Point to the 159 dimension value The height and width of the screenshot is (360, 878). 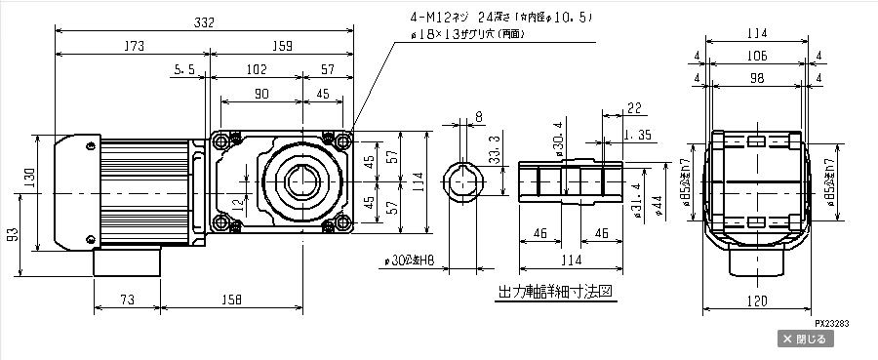tap(278, 45)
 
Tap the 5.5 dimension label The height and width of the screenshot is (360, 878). tap(183, 70)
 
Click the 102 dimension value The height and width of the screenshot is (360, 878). tap(257, 70)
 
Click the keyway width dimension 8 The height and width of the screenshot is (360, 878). tap(478, 117)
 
